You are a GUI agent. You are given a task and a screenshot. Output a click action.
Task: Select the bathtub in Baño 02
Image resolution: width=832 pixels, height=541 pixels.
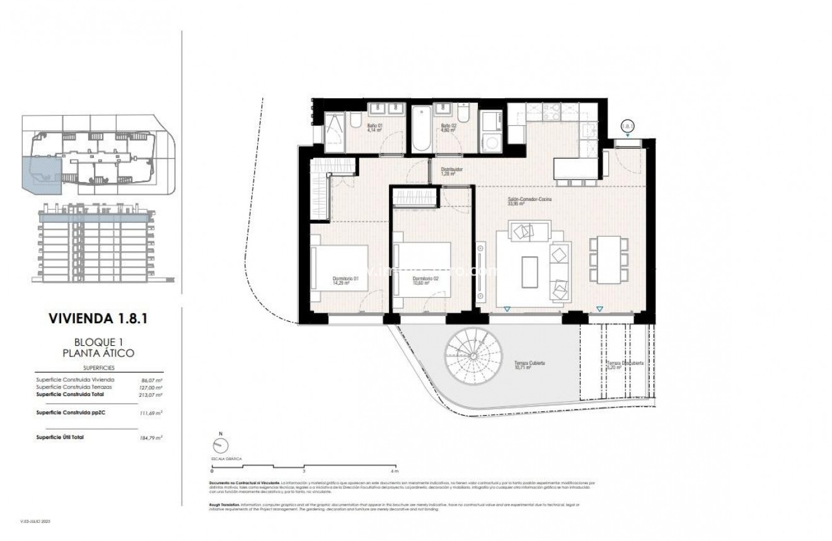click(421, 129)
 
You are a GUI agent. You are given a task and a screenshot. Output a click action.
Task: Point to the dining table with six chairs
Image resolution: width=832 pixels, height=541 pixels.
click(607, 260)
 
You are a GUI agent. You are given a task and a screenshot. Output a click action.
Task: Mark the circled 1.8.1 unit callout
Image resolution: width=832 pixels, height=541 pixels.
click(628, 126)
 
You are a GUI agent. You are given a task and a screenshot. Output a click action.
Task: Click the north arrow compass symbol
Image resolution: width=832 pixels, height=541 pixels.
click(221, 445)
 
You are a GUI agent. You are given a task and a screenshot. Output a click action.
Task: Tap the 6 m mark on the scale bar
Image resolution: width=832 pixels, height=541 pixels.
click(395, 470)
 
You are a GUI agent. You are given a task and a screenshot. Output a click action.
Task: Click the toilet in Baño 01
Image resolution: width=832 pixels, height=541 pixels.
click(355, 122)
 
